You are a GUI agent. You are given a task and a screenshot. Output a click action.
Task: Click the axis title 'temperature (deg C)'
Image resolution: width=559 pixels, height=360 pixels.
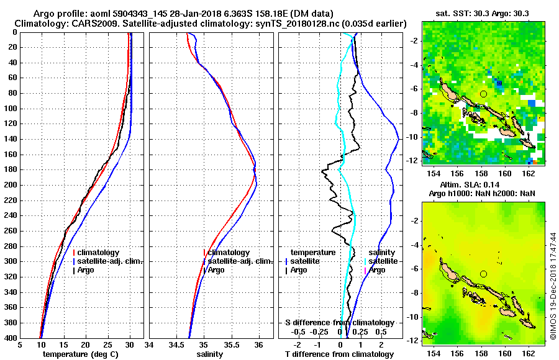click(81, 354)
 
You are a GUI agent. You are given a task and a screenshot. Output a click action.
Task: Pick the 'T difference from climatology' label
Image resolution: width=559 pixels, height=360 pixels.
click(339, 354)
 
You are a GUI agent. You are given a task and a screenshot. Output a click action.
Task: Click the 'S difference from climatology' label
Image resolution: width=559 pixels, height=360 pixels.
click(339, 323)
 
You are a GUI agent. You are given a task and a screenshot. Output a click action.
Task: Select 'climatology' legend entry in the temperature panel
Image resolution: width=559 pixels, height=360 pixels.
click(99, 253)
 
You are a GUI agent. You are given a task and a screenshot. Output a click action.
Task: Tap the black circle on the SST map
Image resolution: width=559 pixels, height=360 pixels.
click(483, 94)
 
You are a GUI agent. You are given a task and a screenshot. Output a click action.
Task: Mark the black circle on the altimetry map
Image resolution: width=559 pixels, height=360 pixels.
click(483, 274)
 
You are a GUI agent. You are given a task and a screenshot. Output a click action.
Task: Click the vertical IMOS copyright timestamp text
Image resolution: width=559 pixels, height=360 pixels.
click(553, 286)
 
